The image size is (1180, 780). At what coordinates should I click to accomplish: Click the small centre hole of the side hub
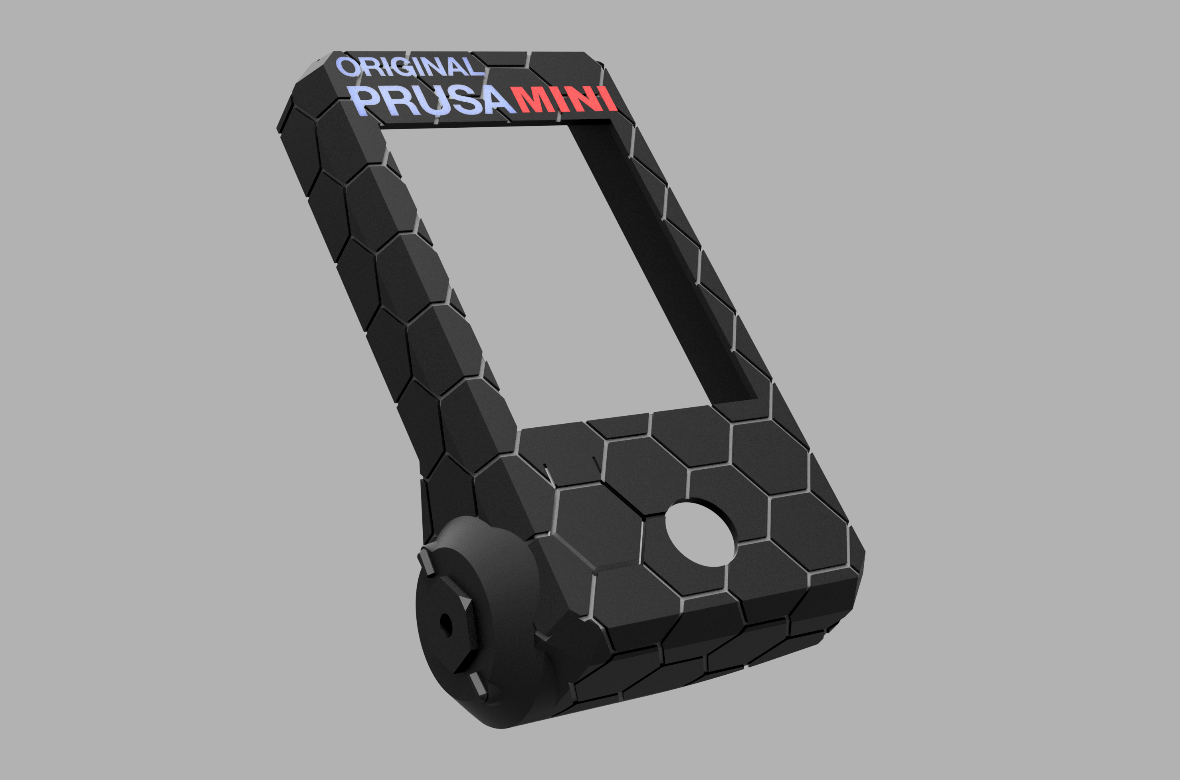pyautogui.click(x=445, y=625)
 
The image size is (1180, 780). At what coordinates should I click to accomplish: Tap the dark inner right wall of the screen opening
pyautogui.click(x=662, y=259)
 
